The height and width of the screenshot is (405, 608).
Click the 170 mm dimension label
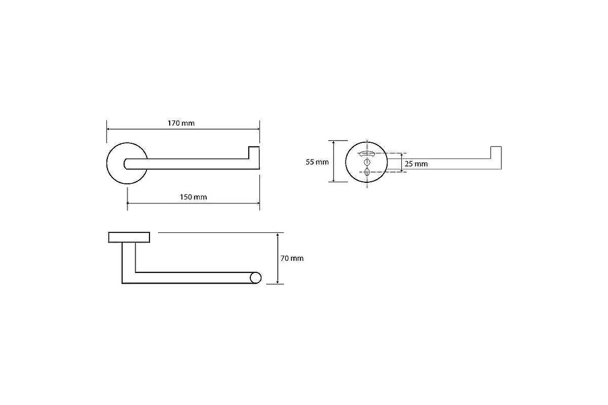click(x=181, y=123)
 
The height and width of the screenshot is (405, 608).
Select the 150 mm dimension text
click(x=193, y=197)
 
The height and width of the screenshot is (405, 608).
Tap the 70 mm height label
click(x=292, y=258)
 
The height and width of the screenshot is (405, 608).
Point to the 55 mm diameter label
click(x=317, y=162)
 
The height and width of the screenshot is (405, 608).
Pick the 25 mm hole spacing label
click(x=416, y=164)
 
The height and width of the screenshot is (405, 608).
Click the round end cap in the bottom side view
click(x=255, y=278)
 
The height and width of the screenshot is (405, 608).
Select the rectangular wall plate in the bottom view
click(x=129, y=237)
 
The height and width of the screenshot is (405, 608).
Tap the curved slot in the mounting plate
click(x=367, y=154)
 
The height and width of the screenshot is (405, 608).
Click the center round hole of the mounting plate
click(x=367, y=162)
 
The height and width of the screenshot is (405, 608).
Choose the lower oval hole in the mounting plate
click(x=367, y=172)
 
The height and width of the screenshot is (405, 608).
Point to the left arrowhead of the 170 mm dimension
click(x=108, y=129)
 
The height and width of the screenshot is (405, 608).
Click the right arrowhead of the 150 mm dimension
click(x=258, y=203)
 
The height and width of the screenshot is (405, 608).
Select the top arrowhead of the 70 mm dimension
click(x=278, y=234)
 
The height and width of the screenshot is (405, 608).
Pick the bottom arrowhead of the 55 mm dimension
click(x=333, y=180)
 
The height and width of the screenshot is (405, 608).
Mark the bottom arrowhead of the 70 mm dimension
click(x=278, y=282)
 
